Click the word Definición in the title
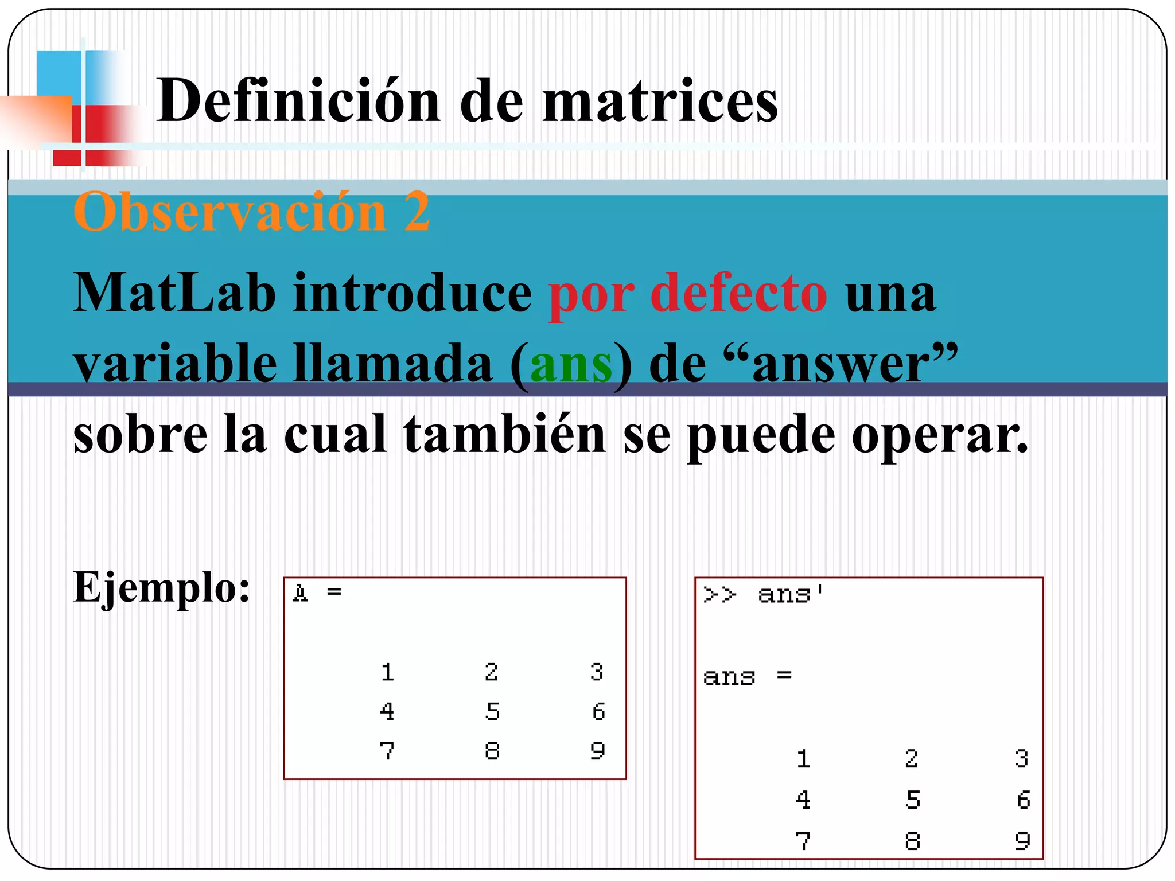[298, 101]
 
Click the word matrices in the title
[660, 101]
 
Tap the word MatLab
[174, 293]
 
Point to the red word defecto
[739, 293]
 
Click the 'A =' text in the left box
[317, 592]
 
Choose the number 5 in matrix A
[492, 711]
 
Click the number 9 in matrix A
[597, 750]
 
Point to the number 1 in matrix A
[387, 672]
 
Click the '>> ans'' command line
[764, 595]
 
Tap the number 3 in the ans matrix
[1021, 759]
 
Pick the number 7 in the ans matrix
[803, 841]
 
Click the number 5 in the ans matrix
[912, 800]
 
